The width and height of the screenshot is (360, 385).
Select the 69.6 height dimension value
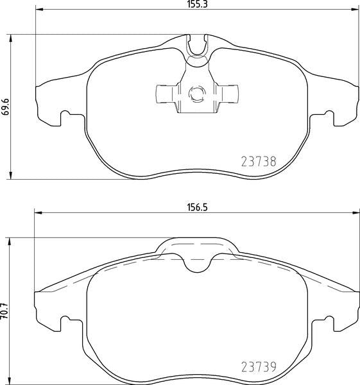(5, 107)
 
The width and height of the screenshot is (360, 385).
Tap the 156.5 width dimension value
(198, 207)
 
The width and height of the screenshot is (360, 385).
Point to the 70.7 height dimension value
(5, 311)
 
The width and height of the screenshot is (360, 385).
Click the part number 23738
(259, 162)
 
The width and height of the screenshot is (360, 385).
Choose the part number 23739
(259, 367)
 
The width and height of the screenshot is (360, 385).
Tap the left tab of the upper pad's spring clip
(167, 94)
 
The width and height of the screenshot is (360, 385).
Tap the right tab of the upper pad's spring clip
(227, 94)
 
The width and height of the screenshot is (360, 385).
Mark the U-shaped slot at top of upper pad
(197, 46)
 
